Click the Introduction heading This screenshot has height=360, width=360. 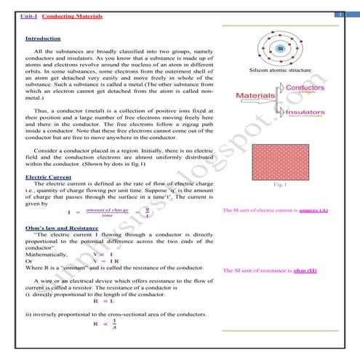coord(43,38)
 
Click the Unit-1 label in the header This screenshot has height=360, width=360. coord(28,15)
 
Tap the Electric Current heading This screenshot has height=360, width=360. coord(47,177)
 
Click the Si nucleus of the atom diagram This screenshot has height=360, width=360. coord(279,49)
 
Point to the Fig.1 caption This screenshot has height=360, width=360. coord(281,185)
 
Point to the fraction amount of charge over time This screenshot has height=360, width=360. coord(107,212)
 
